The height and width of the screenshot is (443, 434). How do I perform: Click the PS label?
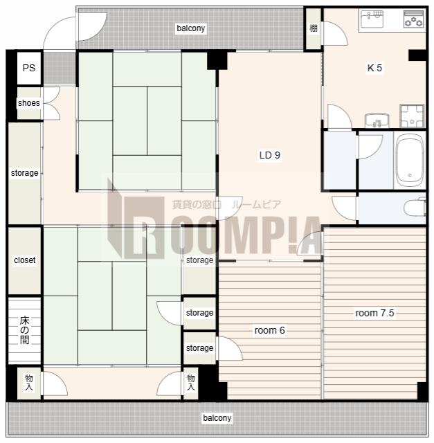tap(29, 68)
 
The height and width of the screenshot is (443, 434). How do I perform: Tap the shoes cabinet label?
tap(29, 103)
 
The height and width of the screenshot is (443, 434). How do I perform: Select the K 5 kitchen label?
tap(374, 68)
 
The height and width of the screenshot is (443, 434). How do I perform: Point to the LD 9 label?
tap(269, 155)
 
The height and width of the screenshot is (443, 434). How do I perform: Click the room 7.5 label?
tap(374, 313)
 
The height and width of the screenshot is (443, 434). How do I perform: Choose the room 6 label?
tap(269, 330)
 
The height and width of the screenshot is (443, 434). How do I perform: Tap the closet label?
tap(25, 260)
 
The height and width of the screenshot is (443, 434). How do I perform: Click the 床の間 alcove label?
tap(25, 330)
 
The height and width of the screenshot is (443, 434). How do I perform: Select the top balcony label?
tap(191, 28)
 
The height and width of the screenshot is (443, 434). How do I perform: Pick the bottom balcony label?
tap(217, 417)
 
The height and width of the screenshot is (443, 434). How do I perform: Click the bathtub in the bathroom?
tap(410, 161)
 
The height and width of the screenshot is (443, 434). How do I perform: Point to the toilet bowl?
tap(415, 208)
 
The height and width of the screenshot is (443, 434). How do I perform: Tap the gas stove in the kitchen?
tap(414, 19)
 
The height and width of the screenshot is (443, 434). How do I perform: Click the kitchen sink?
tap(372, 19)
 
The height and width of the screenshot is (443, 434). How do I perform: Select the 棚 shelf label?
tap(314, 28)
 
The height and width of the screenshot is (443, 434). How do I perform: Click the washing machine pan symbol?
tap(412, 116)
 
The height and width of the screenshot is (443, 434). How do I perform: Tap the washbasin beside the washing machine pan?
tap(377, 120)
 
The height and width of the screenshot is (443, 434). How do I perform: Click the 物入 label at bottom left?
tap(29, 382)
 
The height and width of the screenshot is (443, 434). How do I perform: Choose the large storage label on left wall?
tap(25, 172)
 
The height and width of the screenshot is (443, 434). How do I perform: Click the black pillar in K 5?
tap(417, 55)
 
